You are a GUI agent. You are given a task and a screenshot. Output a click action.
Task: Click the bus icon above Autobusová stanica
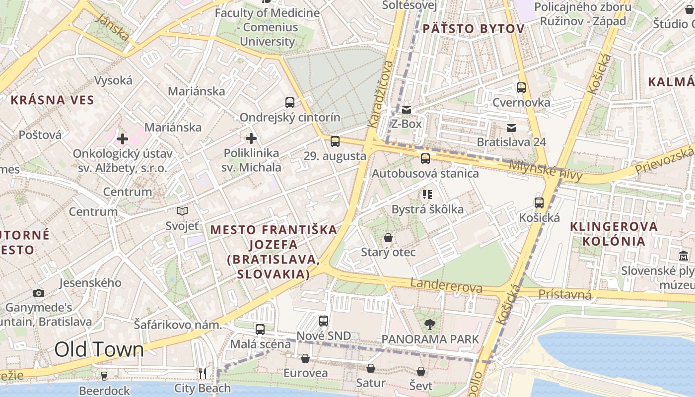tap(425, 159)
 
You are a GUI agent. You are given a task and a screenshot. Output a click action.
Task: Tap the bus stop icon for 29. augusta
tap(335, 141)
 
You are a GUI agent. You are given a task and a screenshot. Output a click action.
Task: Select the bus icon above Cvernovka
tap(521, 88)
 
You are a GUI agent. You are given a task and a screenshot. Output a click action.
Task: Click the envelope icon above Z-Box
tap(407, 110)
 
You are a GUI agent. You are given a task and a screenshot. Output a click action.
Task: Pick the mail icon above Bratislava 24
tap(511, 128)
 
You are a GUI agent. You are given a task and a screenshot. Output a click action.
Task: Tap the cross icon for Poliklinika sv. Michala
tap(251, 138)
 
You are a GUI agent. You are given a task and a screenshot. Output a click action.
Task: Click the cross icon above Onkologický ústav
tap(123, 138)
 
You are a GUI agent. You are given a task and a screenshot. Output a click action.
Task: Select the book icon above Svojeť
tap(182, 211)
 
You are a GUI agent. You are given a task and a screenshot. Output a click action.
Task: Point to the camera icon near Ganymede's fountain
tap(39, 293)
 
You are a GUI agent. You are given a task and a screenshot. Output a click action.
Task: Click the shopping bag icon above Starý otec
tap(388, 238)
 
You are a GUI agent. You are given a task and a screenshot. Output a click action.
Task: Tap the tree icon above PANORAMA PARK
tap(430, 325)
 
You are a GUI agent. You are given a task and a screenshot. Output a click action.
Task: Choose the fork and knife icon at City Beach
tap(203, 373)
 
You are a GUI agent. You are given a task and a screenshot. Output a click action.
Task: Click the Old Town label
tap(99, 350)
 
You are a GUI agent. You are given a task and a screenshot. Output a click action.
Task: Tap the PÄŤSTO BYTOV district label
tap(473, 29)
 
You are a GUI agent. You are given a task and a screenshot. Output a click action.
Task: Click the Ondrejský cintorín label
tap(290, 118)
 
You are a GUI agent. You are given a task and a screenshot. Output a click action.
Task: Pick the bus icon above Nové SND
tap(324, 321)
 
